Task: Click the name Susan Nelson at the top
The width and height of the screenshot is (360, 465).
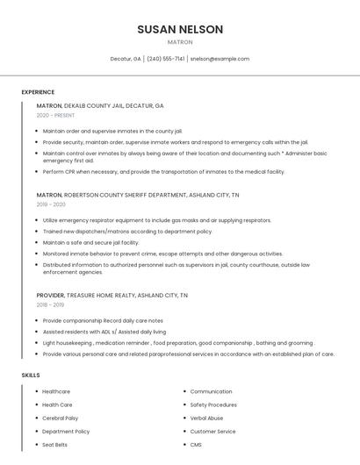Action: coord(180,29)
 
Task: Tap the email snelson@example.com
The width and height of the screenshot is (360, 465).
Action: coord(220,59)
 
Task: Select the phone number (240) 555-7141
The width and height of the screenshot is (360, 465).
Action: coord(165,59)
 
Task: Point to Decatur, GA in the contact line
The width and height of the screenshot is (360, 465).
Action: coord(126,59)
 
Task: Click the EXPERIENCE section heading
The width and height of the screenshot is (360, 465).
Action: coord(38,92)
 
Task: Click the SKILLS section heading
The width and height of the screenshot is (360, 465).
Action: coord(31,375)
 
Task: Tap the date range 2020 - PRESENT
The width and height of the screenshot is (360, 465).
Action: coord(55,115)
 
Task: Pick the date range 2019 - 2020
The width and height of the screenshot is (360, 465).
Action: coord(51,204)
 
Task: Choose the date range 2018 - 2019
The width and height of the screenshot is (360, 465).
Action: coord(51,305)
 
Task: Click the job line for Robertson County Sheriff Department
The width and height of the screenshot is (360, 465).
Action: coord(138,195)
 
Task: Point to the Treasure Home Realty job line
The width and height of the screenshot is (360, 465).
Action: coord(112,296)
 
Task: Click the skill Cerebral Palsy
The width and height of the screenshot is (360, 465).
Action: coord(61,418)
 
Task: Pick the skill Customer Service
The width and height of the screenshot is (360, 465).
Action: coord(213,432)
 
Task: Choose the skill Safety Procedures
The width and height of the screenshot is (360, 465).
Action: coord(213,404)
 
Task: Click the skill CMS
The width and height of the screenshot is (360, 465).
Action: coord(197,445)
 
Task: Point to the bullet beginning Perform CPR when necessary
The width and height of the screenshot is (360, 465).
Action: coord(163,172)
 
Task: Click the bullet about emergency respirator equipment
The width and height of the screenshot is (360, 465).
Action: coord(157,220)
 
